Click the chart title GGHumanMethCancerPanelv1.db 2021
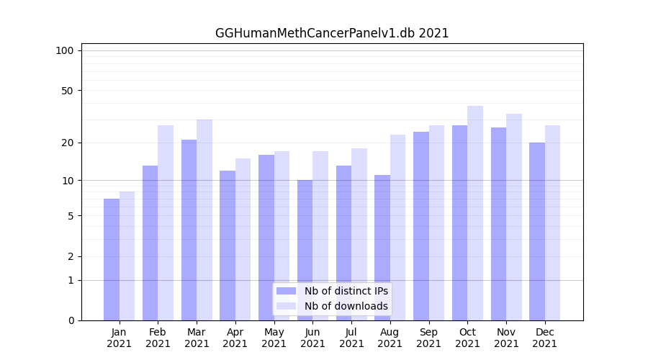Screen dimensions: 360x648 (x=332, y=33)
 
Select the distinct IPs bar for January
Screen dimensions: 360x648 (x=112, y=259)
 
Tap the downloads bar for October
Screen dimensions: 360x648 (x=475, y=213)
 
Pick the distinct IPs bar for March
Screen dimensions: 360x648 (x=189, y=230)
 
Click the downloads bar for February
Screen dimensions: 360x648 (x=166, y=222)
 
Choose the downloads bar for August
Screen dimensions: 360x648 (x=397, y=228)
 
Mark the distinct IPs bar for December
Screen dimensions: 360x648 (x=537, y=231)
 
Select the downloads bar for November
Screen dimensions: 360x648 (x=514, y=217)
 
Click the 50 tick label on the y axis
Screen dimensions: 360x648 (x=68, y=91)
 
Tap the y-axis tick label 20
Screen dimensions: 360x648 (x=68, y=143)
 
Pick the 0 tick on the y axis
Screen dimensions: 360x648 (x=71, y=320)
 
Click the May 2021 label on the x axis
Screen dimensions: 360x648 (x=274, y=338)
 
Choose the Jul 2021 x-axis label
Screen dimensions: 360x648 (x=351, y=338)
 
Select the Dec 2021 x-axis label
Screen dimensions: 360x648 (x=545, y=338)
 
